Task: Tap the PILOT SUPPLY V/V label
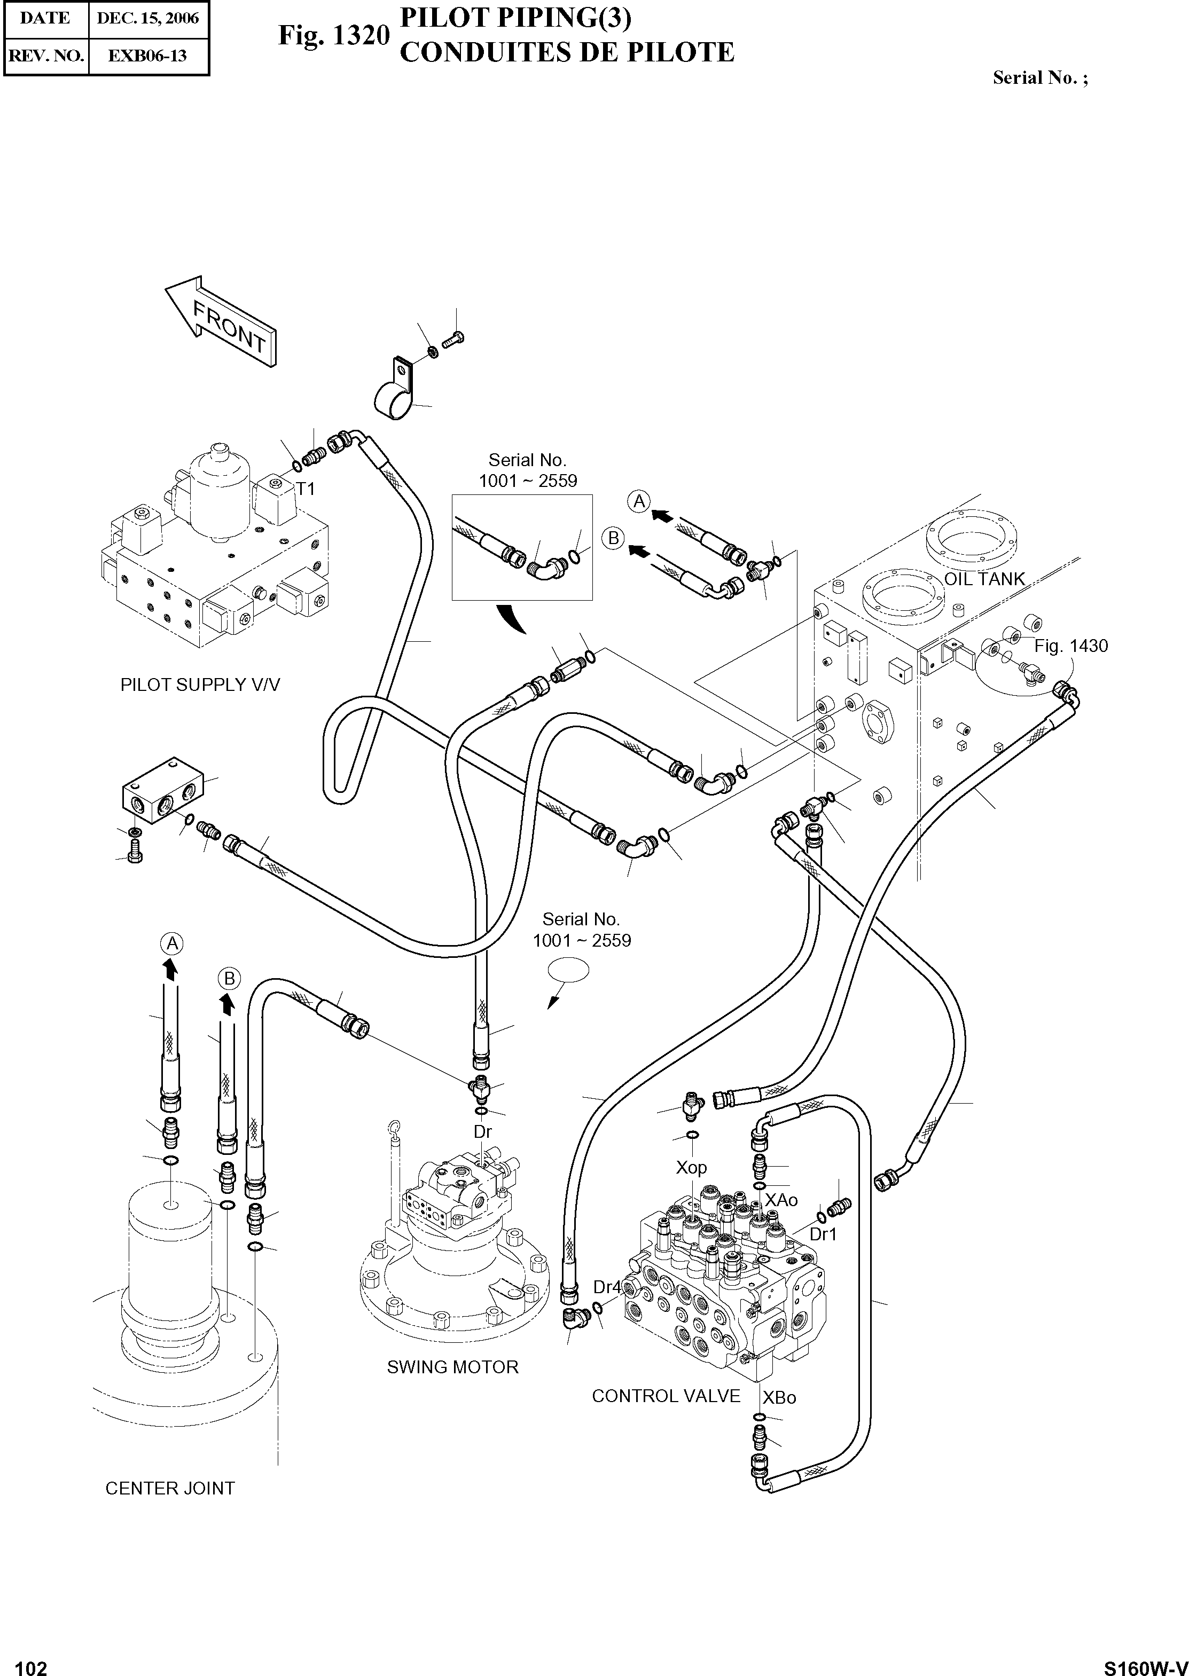[200, 684]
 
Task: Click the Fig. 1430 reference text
[1070, 646]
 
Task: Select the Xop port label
[691, 1167]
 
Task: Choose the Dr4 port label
[607, 1287]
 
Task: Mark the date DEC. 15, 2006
[148, 18]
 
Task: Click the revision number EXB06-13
[148, 56]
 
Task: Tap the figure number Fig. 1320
[333, 35]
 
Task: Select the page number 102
[31, 1663]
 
